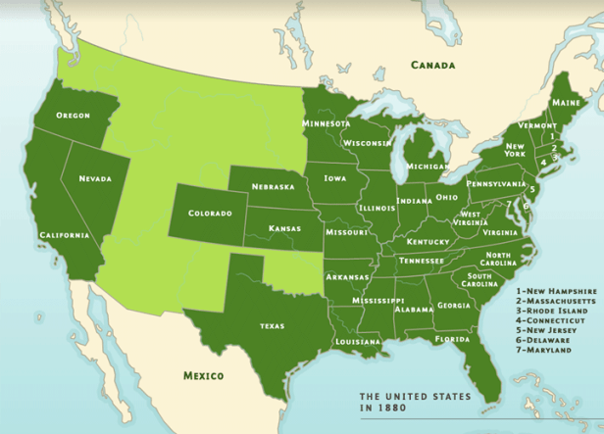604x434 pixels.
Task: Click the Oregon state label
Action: click(74, 115)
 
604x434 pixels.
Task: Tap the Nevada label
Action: click(95, 178)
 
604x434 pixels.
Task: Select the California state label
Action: click(65, 235)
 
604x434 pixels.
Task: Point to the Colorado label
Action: click(210, 213)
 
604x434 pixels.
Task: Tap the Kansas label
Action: click(283, 228)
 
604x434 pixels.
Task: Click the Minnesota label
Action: click(327, 124)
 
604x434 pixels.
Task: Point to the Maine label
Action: click(564, 102)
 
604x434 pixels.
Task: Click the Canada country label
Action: click(433, 66)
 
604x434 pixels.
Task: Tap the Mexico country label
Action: click(204, 375)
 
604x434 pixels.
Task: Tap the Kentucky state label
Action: click(428, 241)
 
